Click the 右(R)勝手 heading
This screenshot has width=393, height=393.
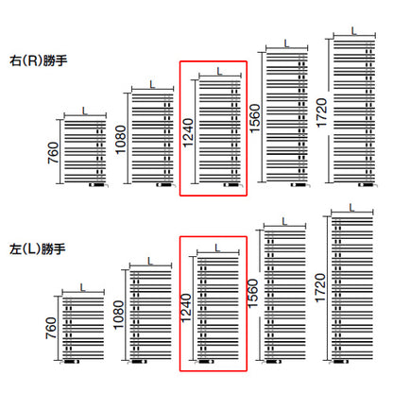point(39,60)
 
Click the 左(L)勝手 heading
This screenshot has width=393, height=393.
point(38,248)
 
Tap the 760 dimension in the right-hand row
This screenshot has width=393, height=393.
point(53,153)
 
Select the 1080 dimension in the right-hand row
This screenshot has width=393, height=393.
point(121,140)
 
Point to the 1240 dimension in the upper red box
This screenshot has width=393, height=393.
point(188,132)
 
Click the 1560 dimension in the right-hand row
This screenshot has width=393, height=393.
point(255,118)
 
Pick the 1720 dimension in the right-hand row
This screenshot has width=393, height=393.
point(322,112)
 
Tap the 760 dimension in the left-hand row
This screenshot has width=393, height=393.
point(51,328)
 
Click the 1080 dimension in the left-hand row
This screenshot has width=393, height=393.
point(119,315)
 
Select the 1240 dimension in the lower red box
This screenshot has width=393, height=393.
point(186,308)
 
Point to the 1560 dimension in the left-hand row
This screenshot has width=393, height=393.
point(253,294)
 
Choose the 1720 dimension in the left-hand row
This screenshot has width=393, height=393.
point(320,288)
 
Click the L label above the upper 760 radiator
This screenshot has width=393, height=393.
point(85,111)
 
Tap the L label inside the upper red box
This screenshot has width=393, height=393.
point(220,71)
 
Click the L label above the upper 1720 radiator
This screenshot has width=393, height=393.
point(354,31)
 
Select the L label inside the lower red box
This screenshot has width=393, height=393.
point(218,248)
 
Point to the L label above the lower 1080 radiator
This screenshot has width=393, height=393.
point(150,261)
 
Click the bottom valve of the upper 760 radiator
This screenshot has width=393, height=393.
point(98,185)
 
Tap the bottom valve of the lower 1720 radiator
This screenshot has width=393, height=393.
point(339,362)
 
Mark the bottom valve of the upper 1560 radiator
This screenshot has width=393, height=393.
point(300,185)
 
